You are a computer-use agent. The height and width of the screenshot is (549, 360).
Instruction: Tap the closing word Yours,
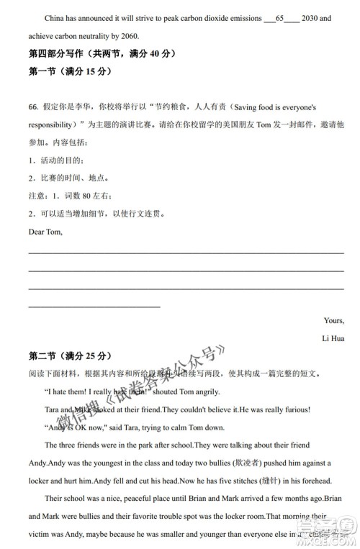pos(333,321)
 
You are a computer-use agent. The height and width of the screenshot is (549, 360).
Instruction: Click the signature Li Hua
pos(333,338)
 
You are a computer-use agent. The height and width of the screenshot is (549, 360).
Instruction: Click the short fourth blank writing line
pos(94,307)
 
